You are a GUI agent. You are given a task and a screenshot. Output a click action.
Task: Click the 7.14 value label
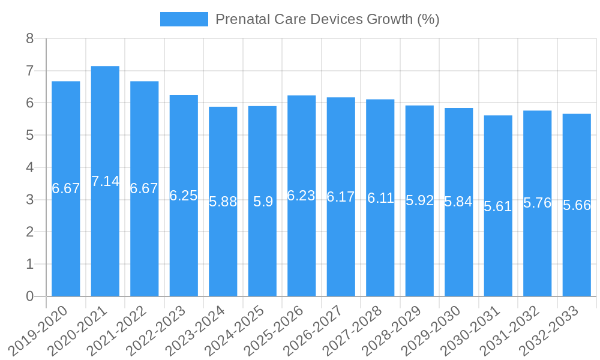105,181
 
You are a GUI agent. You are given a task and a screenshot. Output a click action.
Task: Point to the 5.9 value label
263,202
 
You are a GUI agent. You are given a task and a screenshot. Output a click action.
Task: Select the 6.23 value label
301,196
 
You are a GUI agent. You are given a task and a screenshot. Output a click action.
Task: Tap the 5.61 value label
498,206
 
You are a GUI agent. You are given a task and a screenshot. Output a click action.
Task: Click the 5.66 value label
577,205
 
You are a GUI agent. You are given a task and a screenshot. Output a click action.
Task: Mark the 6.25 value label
184,196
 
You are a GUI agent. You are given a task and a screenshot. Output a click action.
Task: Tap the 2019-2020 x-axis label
40,331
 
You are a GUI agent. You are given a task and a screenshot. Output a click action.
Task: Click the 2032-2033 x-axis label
550,331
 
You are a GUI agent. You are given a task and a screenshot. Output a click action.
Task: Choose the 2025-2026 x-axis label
275,331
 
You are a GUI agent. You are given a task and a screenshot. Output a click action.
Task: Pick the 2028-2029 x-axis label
393,331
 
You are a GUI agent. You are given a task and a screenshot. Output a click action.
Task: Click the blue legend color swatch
184,19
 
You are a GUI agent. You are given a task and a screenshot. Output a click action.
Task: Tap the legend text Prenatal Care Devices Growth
327,19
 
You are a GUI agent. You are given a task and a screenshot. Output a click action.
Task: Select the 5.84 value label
458,202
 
